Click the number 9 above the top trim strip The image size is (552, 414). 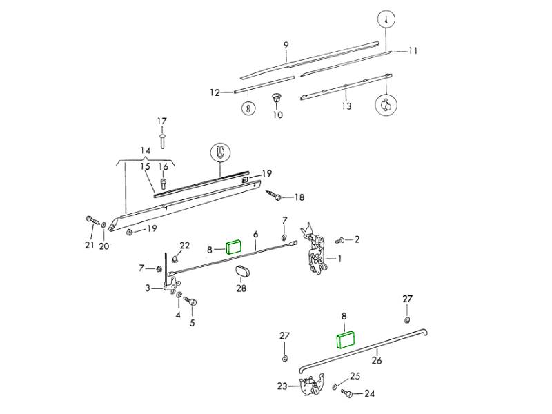(x=286, y=46)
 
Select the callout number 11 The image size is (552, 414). (x=413, y=51)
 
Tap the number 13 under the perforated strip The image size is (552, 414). (x=346, y=106)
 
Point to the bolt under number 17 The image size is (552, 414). (x=161, y=140)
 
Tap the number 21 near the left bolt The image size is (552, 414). (x=89, y=245)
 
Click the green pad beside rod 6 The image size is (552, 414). (x=234, y=246)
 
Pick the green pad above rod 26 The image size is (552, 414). (x=344, y=340)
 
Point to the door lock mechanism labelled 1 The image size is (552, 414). (x=317, y=257)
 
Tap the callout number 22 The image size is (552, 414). (x=185, y=246)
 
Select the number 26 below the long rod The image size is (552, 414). (x=376, y=359)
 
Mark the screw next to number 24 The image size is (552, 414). (x=347, y=393)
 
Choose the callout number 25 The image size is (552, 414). (x=355, y=376)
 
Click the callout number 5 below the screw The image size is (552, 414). (x=192, y=323)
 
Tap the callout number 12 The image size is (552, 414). (x=215, y=92)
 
